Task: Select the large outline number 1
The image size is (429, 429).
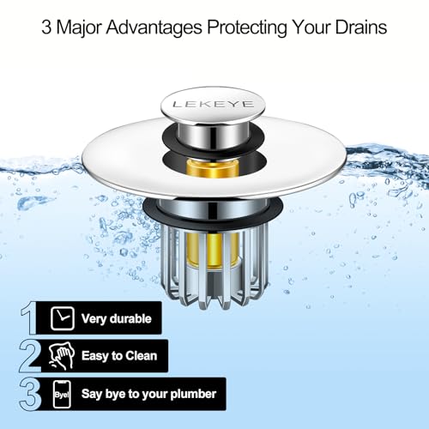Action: [31, 318]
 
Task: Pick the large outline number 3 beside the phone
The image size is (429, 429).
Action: [31, 395]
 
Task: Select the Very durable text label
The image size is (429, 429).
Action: [116, 319]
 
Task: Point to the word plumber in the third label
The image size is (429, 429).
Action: [192, 396]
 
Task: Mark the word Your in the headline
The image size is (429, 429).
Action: [311, 27]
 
